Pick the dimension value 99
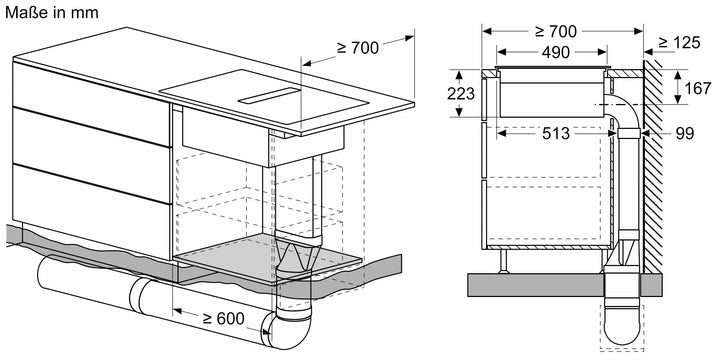coord(683,133)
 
